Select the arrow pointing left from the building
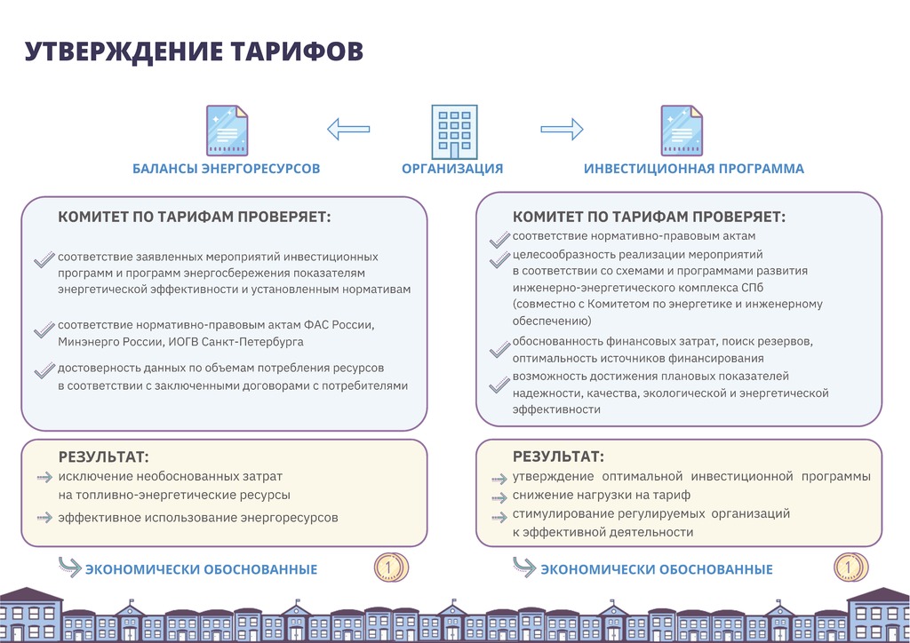(x=348, y=130)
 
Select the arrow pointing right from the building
(x=562, y=130)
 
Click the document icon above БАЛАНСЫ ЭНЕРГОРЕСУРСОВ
(x=227, y=131)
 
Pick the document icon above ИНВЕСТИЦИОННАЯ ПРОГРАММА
(x=682, y=131)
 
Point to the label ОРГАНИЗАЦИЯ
(x=452, y=169)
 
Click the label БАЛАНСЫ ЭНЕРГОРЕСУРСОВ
(x=226, y=169)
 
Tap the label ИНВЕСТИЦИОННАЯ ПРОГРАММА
(x=693, y=169)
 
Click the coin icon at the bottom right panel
(x=848, y=566)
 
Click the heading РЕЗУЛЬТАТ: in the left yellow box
(x=103, y=457)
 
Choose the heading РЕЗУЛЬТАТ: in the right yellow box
(x=558, y=457)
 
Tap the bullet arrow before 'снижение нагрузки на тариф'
(x=499, y=496)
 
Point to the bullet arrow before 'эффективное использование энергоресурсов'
(x=44, y=517)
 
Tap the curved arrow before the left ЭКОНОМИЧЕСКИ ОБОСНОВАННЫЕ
(x=68, y=565)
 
